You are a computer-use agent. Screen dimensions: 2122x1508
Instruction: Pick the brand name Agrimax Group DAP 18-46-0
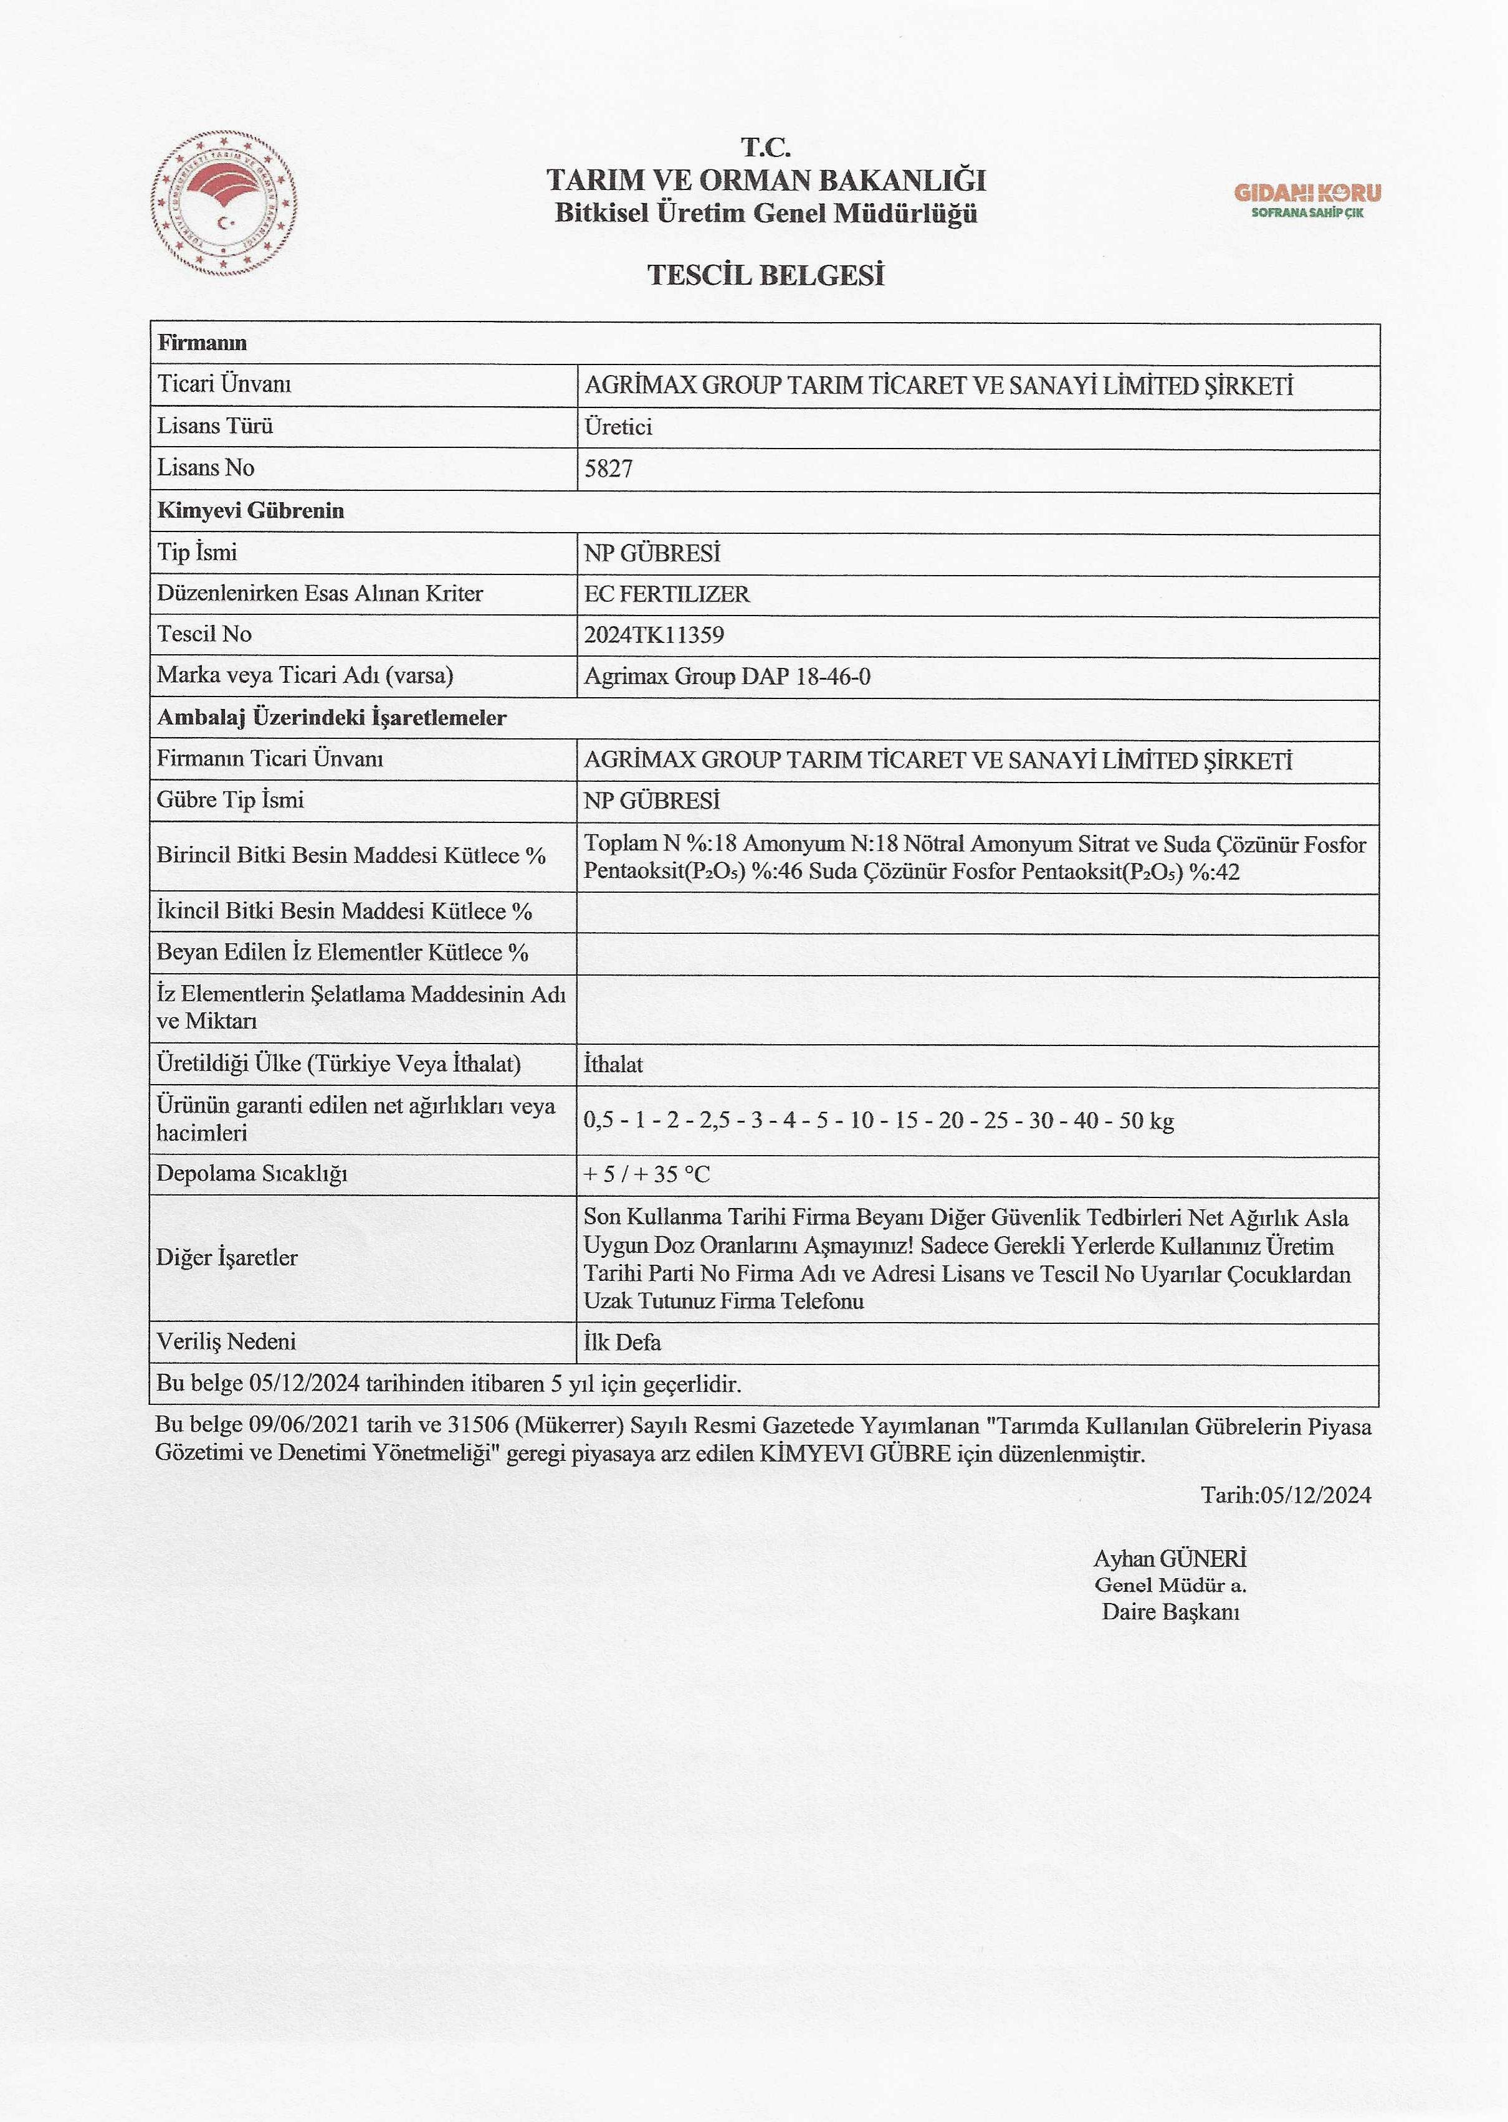click(727, 677)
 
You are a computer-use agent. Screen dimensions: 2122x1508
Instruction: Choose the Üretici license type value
click(618, 427)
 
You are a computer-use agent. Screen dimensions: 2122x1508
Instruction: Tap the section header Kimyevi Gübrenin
click(251, 510)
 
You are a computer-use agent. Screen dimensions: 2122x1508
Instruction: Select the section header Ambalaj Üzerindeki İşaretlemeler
click(332, 718)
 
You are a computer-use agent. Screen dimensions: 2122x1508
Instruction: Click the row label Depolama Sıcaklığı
click(252, 1173)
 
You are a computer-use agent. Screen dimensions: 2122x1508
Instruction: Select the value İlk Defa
click(622, 1342)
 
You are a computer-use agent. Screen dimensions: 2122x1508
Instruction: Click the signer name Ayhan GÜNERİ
click(1169, 1559)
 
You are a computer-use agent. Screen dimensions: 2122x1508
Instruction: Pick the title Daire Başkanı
click(1170, 1612)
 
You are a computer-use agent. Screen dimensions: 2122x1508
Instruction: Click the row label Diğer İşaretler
click(227, 1258)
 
